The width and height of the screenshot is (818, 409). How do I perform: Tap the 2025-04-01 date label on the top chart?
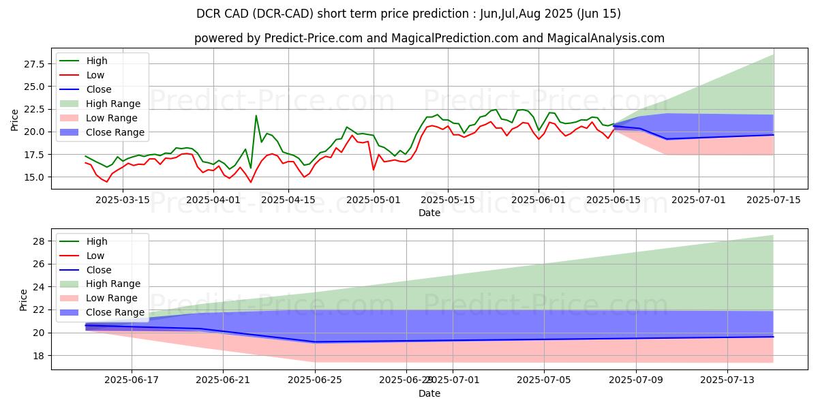pyautogui.click(x=213, y=200)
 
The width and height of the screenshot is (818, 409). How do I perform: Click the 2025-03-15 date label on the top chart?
pyautogui.click(x=121, y=200)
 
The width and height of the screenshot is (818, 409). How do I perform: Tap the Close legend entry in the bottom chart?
pyautogui.click(x=99, y=269)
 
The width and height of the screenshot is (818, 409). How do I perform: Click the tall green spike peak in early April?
pyautogui.click(x=256, y=116)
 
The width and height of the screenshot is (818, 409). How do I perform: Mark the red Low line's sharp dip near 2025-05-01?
pyautogui.click(x=373, y=169)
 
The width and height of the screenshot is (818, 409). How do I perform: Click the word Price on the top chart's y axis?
pyautogui.click(x=15, y=120)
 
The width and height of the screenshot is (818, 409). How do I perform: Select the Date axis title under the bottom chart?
pyautogui.click(x=429, y=393)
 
